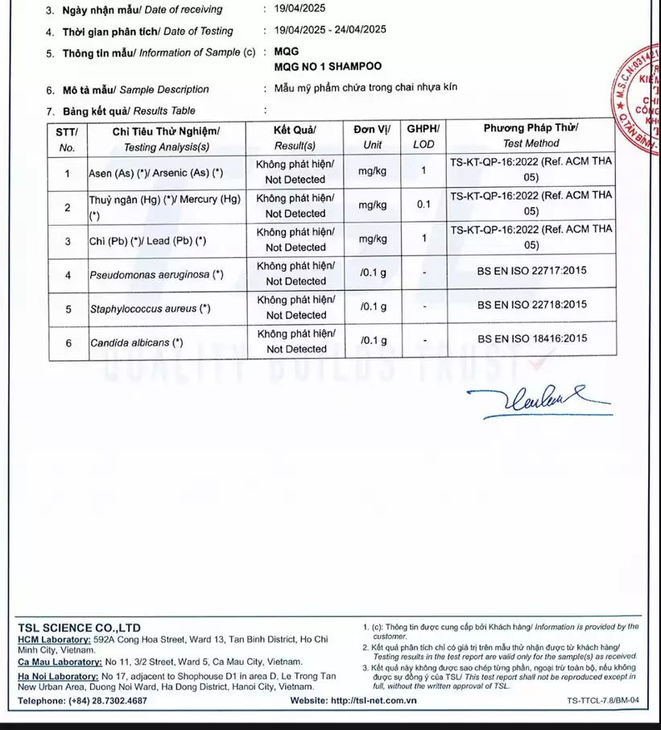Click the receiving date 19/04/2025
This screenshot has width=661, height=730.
coord(300,10)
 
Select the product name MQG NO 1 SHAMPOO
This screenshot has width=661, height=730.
coord(328,67)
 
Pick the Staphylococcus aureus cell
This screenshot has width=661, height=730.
coord(150,309)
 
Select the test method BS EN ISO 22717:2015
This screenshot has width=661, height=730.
coord(531,272)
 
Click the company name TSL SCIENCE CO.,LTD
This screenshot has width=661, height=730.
coord(79,628)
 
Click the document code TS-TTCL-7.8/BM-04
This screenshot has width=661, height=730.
coord(602,701)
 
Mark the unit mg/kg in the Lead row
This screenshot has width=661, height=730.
coord(373,239)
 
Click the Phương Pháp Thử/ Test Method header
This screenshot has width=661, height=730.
coord(531,137)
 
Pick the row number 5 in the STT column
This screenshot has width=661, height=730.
coord(68,309)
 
